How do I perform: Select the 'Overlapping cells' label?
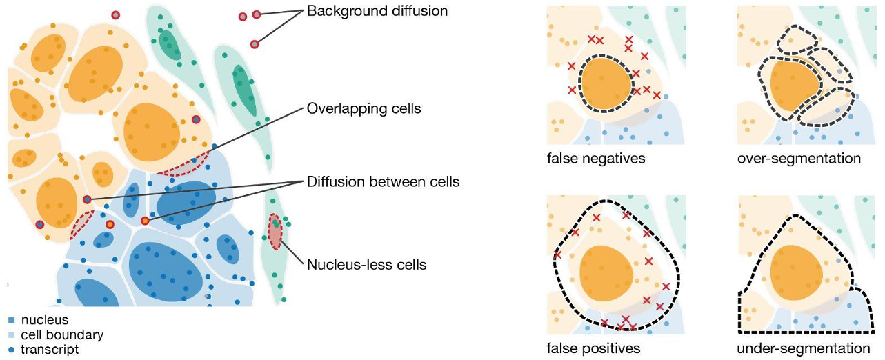tap(364, 109)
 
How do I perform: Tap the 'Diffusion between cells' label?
tap(383, 182)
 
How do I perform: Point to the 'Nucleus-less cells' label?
tap(367, 264)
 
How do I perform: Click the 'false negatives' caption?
tap(595, 159)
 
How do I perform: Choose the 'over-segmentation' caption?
tap(799, 159)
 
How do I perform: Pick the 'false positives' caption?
tap(593, 348)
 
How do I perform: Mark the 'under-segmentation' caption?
tap(803, 348)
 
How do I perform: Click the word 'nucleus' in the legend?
tap(45, 320)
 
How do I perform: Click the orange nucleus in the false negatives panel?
tap(605, 85)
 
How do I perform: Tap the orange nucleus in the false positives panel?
tap(605, 272)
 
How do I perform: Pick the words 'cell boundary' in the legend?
tap(62, 335)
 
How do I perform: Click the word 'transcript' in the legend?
tap(50, 350)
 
